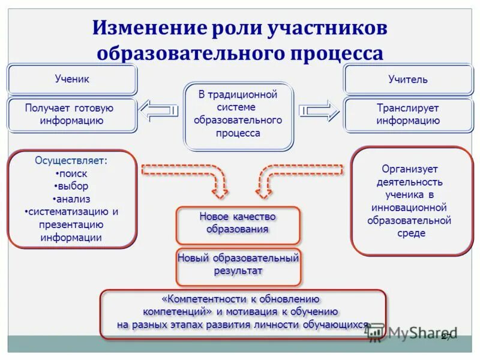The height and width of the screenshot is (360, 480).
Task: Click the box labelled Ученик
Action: tap(72, 79)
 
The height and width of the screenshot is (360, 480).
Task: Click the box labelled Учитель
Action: tap(408, 79)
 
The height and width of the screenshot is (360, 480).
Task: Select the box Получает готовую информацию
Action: tap(72, 115)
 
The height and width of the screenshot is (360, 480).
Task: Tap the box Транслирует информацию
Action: tap(408, 115)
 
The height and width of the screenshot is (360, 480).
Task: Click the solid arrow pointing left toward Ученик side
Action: tap(158, 110)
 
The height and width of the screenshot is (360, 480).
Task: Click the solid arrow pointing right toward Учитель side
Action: tap(319, 110)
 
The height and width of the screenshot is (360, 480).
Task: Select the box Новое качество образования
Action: tap(238, 223)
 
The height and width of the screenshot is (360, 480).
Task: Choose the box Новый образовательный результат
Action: tap(238, 265)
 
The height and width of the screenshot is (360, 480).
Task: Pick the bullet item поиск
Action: tap(72, 173)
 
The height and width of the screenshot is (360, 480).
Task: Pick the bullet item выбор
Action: tap(72, 186)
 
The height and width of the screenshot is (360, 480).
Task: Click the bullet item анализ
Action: tap(72, 199)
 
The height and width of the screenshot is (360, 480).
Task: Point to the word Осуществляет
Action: tap(71, 161)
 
